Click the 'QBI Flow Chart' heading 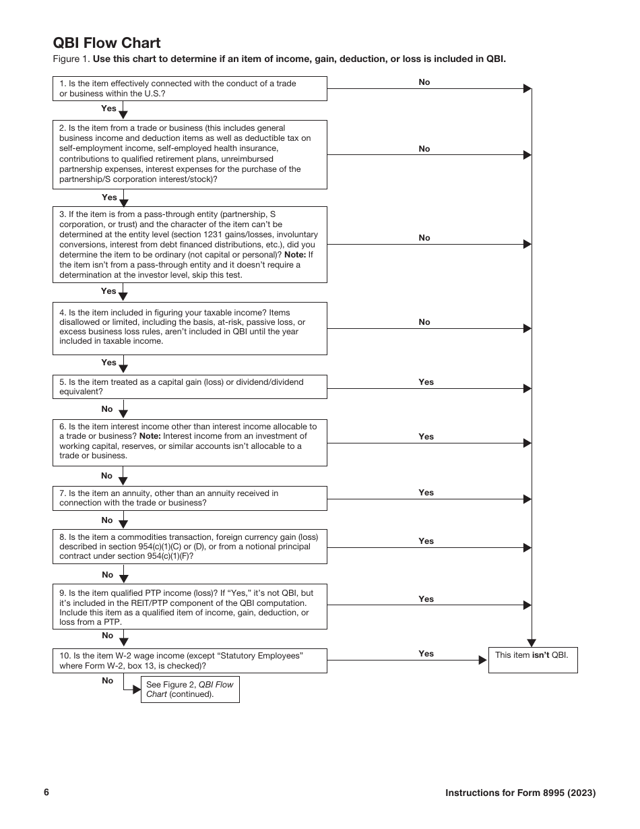tap(106, 43)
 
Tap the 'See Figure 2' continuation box tap(190, 689)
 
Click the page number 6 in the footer tap(46, 793)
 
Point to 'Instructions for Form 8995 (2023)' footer tap(520, 793)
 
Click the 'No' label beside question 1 tap(424, 82)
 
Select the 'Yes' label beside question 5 tap(426, 382)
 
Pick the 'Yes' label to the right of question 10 tap(426, 654)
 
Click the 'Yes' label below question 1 tap(108, 109)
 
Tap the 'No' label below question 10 tap(108, 681)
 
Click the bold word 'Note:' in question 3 tap(294, 255)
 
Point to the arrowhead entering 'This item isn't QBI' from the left tap(482, 661)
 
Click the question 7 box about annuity tap(189, 498)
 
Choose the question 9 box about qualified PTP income tap(189, 607)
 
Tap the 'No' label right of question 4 tap(424, 322)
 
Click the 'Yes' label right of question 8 tap(426, 541)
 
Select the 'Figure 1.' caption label tap(71, 59)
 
